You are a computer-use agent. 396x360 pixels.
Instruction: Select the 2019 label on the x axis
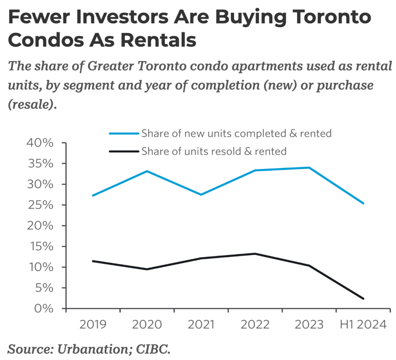click(93, 324)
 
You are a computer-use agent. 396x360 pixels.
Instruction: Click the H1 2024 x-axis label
click(363, 324)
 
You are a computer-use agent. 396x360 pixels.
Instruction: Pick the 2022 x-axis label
click(255, 324)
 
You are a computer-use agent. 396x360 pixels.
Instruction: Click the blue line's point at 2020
click(147, 171)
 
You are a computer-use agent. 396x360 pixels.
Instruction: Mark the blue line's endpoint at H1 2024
click(363, 203)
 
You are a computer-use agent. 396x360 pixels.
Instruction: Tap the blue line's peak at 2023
click(309, 168)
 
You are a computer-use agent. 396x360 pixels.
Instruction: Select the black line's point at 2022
click(255, 254)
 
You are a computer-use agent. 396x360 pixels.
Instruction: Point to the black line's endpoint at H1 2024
click(363, 298)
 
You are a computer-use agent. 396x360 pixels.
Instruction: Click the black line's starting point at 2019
click(93, 261)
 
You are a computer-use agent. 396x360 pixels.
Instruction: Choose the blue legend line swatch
click(123, 134)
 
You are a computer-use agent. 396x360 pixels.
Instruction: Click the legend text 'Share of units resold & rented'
click(214, 151)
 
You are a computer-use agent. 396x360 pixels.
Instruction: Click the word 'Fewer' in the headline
click(40, 18)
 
